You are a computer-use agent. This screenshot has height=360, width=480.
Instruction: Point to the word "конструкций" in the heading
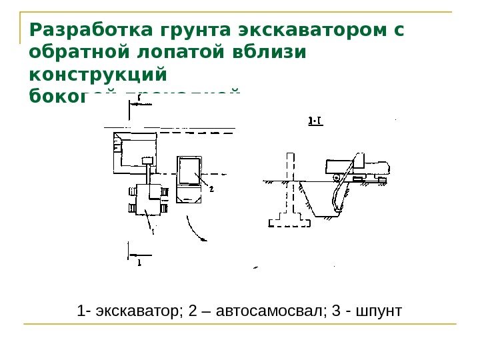(98, 73)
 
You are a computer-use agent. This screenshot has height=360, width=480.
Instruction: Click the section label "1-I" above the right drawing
(315, 121)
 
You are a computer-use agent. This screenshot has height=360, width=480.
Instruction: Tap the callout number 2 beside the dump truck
(211, 189)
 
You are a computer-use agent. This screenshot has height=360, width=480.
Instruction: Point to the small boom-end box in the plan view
(147, 159)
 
